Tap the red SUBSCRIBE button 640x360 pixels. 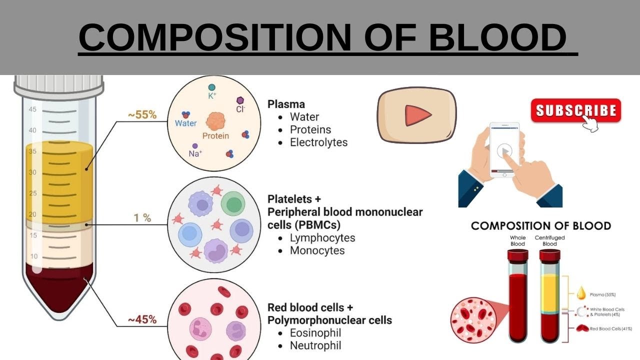tap(575, 110)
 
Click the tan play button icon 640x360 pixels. tap(416, 115)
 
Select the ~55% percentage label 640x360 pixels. tap(142, 115)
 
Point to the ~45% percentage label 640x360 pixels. tap(142, 319)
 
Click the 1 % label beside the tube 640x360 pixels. tap(142, 218)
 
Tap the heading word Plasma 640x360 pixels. tap(286, 104)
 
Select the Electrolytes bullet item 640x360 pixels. tap(318, 142)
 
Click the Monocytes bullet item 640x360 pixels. tap(317, 250)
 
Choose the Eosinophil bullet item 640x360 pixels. tap(315, 332)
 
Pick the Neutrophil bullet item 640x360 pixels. tap(315, 345)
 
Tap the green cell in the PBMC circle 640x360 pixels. tap(232, 204)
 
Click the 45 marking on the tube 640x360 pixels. tap(32, 109)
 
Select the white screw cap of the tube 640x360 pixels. tap(58, 85)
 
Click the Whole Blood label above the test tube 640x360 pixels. tap(517, 240)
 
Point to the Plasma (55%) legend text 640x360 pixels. tap(603, 295)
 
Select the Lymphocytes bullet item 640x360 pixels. tap(322, 237)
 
